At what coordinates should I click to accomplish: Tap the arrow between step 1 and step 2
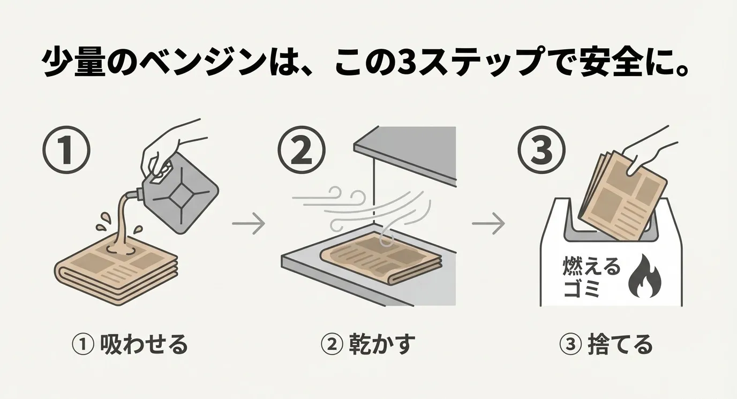(249, 223)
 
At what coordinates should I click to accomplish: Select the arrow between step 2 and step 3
(488, 223)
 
